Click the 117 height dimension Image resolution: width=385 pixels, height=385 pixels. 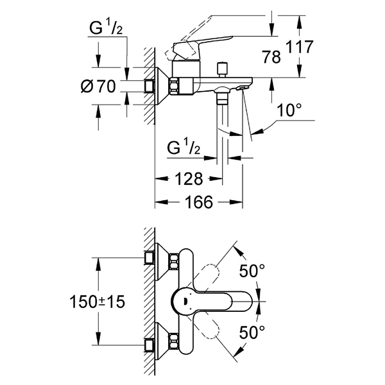(x=300, y=47)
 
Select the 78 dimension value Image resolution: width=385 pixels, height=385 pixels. (x=271, y=57)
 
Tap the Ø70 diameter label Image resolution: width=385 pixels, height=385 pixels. (x=98, y=86)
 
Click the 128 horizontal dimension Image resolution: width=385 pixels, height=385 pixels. (x=189, y=179)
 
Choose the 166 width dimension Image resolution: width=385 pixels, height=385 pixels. (x=199, y=202)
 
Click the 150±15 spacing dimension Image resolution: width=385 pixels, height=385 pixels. (x=98, y=302)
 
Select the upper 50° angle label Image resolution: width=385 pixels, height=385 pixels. (x=252, y=271)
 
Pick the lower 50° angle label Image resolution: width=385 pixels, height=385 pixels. (x=252, y=332)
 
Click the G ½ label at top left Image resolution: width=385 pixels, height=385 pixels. (x=106, y=28)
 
